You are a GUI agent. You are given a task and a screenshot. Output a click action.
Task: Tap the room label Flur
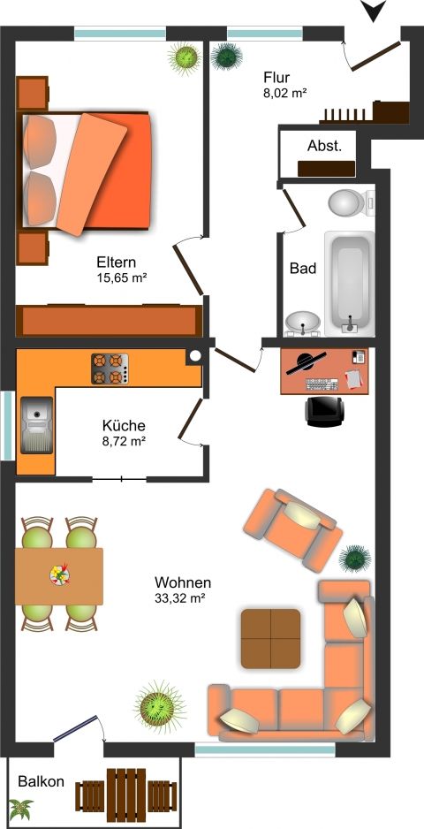[276, 79]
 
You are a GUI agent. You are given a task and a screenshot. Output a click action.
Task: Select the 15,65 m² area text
[121, 278]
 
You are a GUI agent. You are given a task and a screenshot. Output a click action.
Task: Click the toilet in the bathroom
[351, 202]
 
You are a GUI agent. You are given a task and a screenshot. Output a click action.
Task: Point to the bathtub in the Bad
[350, 283]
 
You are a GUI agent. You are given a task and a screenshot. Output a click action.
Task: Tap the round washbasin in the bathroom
[303, 323]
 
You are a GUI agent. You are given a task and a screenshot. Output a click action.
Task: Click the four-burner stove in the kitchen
[110, 368]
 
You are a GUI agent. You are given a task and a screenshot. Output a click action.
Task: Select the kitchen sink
[36, 425]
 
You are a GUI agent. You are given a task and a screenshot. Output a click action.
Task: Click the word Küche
[124, 426]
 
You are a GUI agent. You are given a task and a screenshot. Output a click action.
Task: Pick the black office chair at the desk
[324, 411]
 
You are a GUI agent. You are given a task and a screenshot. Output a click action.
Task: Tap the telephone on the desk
[359, 357]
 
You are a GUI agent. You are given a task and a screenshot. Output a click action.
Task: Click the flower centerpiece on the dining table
[59, 574]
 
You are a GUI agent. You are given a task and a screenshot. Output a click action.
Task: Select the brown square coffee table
[270, 638]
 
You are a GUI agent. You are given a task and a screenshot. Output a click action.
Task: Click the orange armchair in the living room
[292, 529]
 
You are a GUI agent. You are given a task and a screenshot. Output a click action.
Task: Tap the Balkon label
[42, 781]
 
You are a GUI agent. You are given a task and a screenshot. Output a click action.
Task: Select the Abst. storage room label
[324, 147]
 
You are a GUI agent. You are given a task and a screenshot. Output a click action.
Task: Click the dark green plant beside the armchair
[355, 559]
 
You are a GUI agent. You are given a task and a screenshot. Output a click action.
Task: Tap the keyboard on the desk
[322, 384]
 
